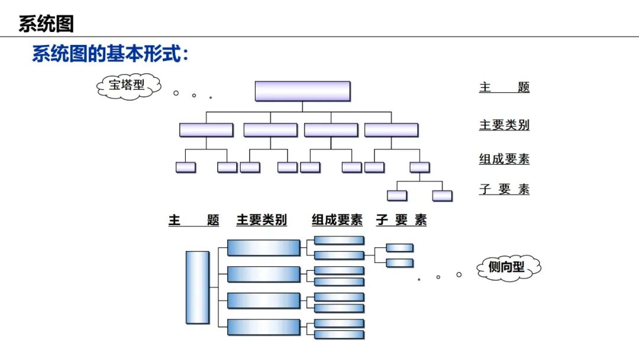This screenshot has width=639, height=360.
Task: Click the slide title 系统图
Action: [x=46, y=24]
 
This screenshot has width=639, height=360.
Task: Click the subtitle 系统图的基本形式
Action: [x=110, y=54]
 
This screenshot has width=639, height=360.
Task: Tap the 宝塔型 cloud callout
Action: [x=128, y=86]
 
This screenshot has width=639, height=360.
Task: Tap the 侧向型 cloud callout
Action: [x=508, y=268]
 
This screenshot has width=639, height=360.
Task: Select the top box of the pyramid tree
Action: [x=302, y=91]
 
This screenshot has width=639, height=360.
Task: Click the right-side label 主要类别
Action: [x=504, y=125]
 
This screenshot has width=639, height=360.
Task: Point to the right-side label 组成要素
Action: [x=504, y=159]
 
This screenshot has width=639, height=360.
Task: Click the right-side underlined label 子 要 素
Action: [x=504, y=189]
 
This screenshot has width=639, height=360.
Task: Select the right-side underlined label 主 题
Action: [x=504, y=88]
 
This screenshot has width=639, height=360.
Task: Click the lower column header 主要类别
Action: [x=262, y=220]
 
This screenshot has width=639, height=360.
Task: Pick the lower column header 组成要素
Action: [x=337, y=220]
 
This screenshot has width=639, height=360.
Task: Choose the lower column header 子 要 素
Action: [x=401, y=220]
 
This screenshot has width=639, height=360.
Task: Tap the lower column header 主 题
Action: [x=193, y=220]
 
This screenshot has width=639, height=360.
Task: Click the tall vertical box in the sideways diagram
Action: [x=198, y=287]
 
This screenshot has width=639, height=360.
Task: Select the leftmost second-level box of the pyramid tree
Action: [x=206, y=130]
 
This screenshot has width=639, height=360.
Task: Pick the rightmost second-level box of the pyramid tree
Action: [x=391, y=130]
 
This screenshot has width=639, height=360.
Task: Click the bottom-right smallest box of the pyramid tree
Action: [x=442, y=195]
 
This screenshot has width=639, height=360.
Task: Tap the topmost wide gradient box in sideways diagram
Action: [x=264, y=247]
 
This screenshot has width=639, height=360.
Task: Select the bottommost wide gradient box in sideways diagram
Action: [x=264, y=327]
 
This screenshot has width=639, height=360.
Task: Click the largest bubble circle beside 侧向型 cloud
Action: [x=459, y=274]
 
